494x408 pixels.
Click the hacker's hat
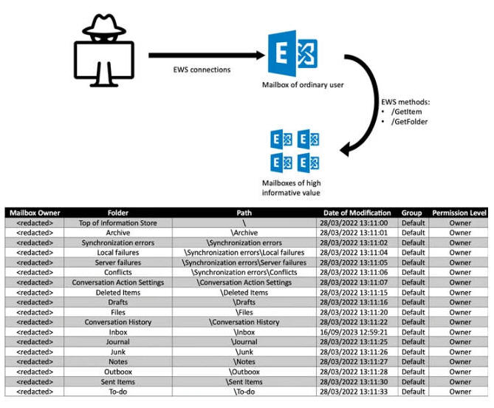[104, 24]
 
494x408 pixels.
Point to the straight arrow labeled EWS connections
[207, 55]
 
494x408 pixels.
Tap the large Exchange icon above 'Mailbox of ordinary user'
[292, 53]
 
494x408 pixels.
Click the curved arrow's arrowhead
[346, 149]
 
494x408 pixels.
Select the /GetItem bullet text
[406, 112]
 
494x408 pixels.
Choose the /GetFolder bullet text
[409, 122]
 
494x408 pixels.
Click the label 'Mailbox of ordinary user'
[303, 85]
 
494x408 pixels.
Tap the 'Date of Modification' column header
[357, 213]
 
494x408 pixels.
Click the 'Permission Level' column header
[459, 213]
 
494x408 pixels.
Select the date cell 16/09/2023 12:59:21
[354, 332]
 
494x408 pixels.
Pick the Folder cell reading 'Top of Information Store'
[118, 223]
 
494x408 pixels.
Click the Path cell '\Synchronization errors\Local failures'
[244, 253]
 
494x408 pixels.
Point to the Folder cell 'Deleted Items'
[118, 292]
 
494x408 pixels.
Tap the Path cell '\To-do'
[244, 392]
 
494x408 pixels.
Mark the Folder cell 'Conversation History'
[118, 322]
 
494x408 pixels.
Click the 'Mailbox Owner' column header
[35, 213]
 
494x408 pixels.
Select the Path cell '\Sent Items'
[244, 382]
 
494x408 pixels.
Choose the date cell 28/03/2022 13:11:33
[354, 392]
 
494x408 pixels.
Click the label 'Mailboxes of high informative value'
[292, 188]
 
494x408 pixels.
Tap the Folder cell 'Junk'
[118, 352]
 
